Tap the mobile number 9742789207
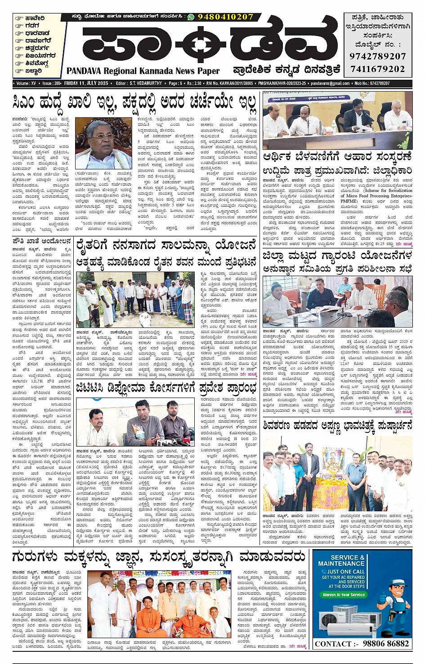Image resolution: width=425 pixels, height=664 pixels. [x=377, y=56]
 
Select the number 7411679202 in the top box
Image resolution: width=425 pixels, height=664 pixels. [x=377, y=69]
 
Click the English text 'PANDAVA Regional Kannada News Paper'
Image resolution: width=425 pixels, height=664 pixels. [x=143, y=71]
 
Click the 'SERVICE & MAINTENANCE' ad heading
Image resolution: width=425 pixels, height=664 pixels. [x=341, y=560]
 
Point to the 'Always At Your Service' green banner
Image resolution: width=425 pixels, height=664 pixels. [x=344, y=595]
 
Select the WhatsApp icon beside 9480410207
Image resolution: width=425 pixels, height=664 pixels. [x=191, y=17]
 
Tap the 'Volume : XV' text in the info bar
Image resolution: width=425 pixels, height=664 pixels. [x=26, y=83]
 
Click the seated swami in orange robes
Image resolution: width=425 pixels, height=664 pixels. [x=148, y=618]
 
